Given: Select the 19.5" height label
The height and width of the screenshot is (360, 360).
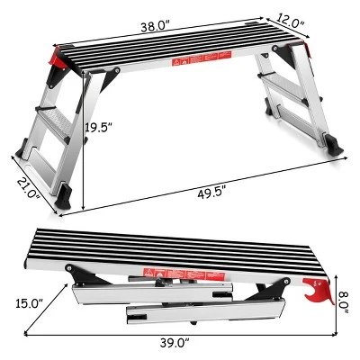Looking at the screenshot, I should tap(101, 128).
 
